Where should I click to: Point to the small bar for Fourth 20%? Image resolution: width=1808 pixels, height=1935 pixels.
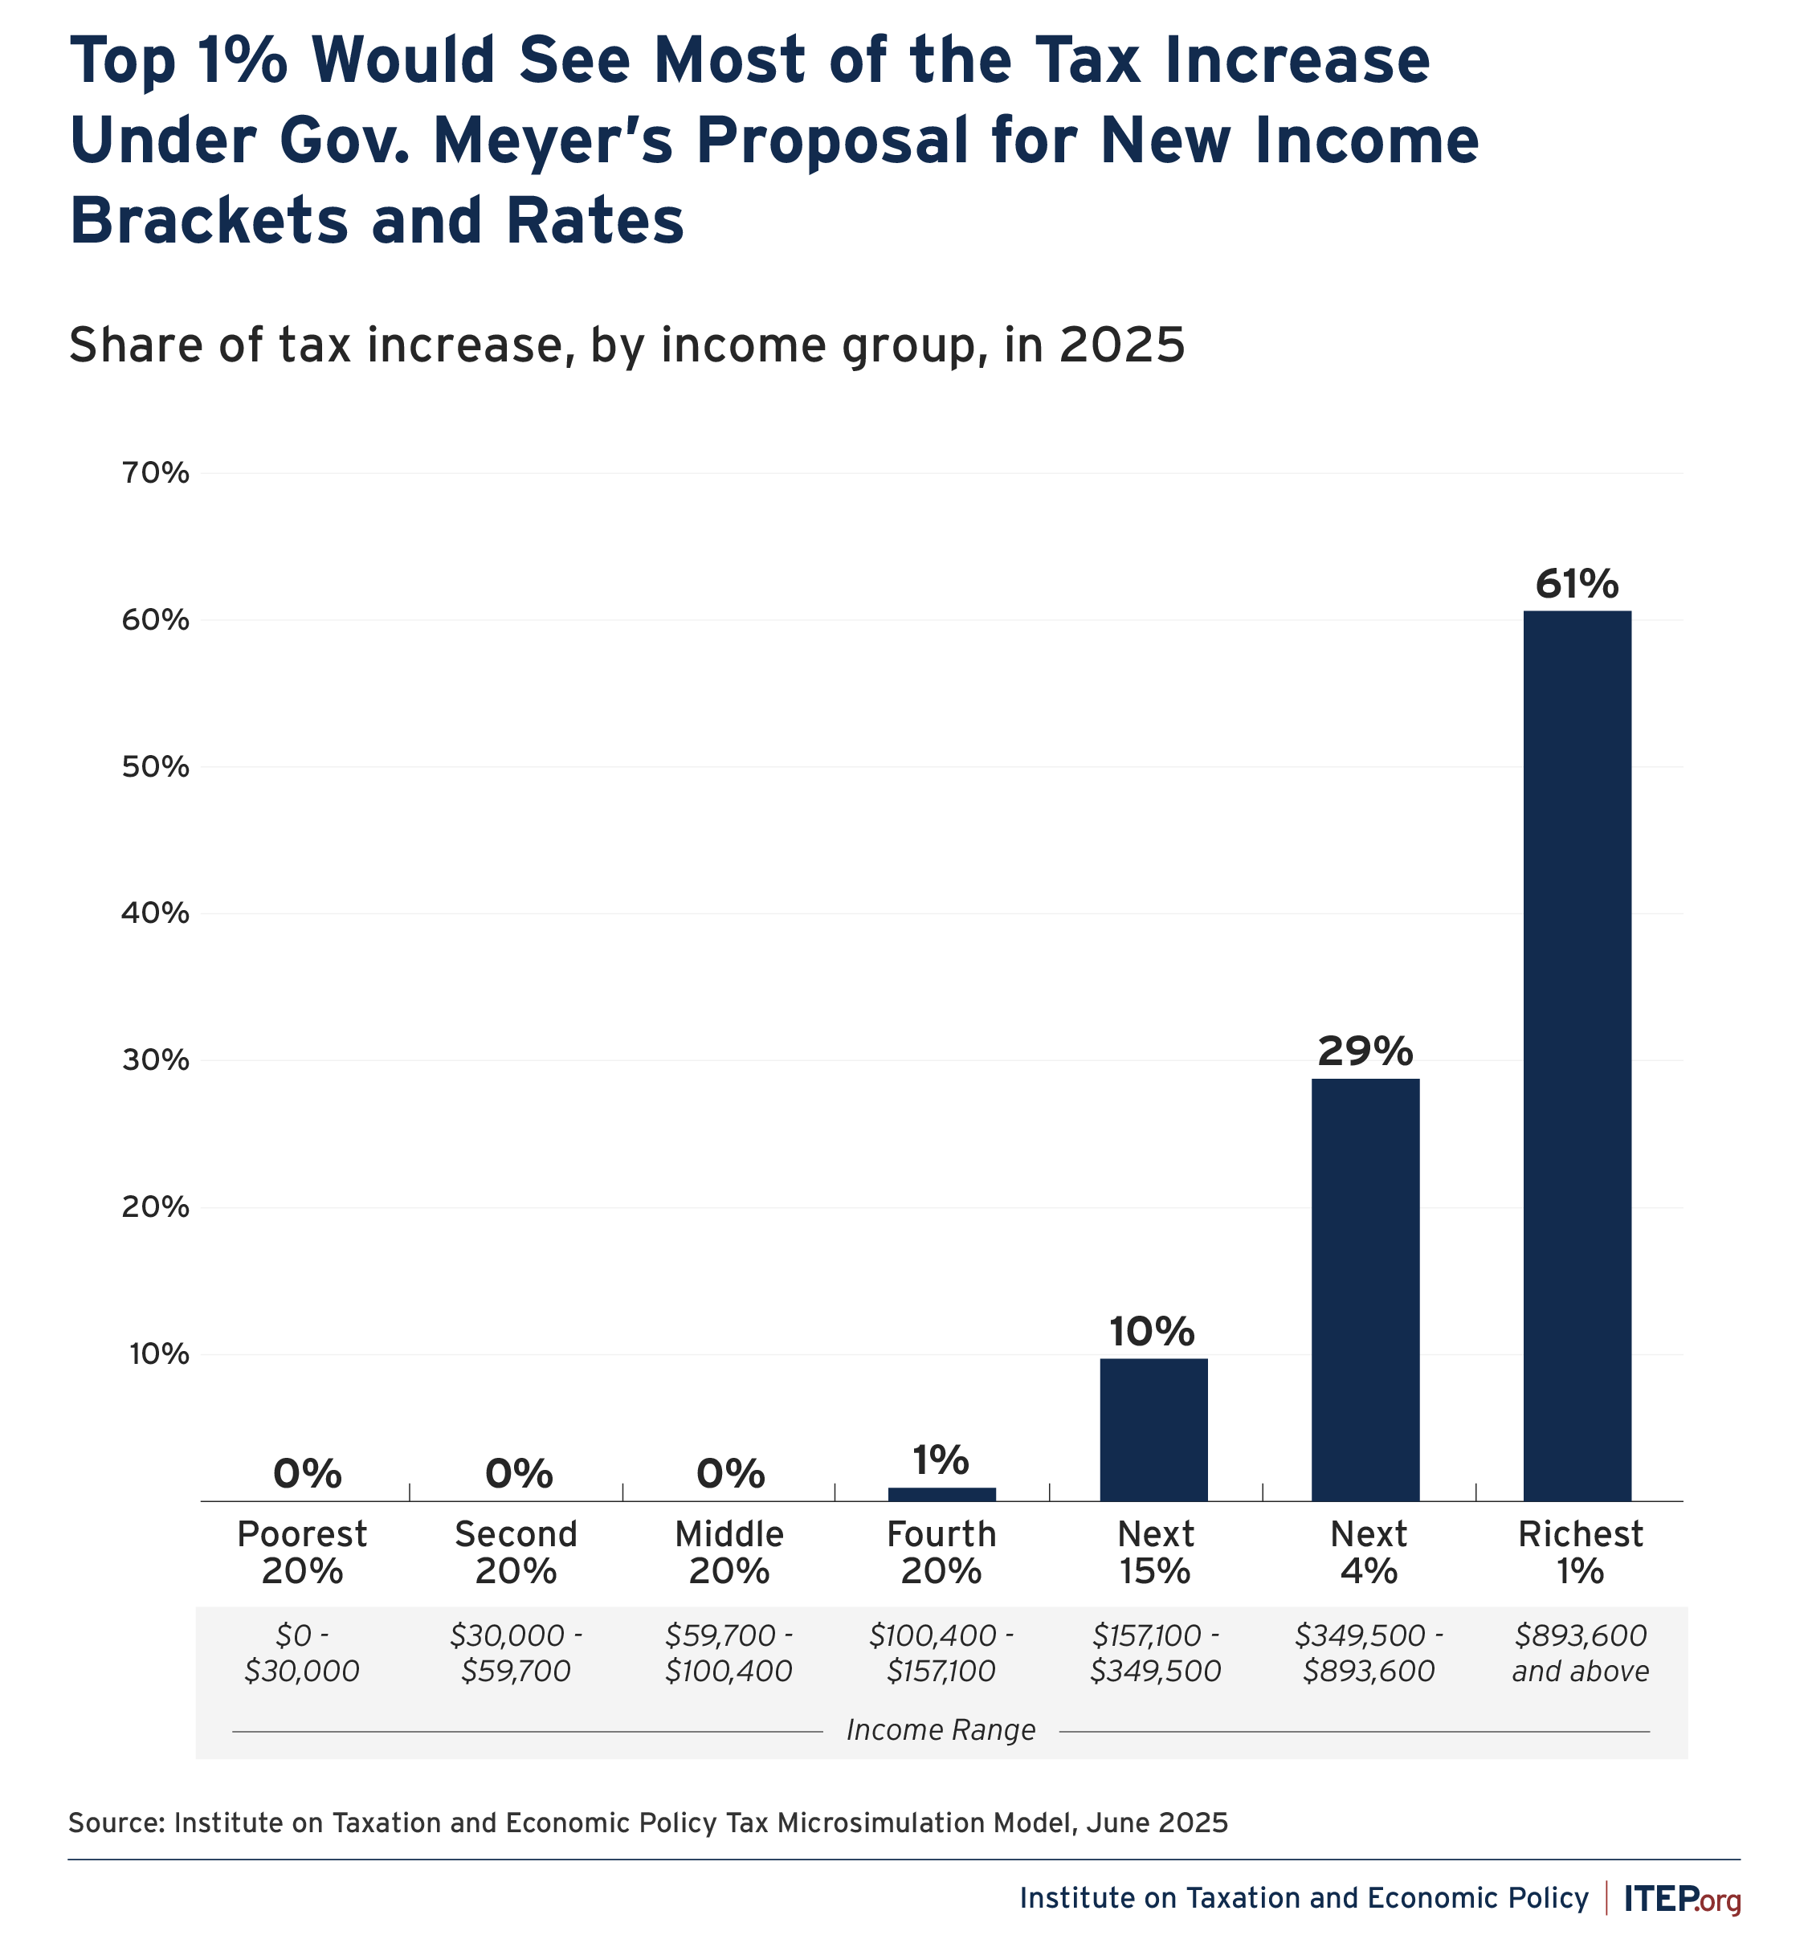(x=941, y=1494)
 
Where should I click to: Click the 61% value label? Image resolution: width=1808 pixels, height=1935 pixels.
(x=1577, y=584)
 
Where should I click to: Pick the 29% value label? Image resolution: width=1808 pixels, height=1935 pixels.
(x=1365, y=1051)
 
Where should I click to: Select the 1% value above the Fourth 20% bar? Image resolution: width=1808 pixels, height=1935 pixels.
(x=941, y=1460)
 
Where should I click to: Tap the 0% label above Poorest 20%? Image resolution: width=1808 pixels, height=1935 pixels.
(x=308, y=1474)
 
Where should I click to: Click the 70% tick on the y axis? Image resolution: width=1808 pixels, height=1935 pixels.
(x=155, y=473)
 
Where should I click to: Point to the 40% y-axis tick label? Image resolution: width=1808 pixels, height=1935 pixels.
(x=155, y=913)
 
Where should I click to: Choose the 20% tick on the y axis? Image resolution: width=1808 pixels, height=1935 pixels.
(x=155, y=1207)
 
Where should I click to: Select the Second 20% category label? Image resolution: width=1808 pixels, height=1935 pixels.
(x=516, y=1553)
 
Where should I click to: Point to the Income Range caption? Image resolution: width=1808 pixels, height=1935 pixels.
(x=941, y=1729)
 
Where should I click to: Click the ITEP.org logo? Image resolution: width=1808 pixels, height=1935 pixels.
(x=1682, y=1899)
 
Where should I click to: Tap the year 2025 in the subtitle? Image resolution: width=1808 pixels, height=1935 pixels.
(x=1122, y=345)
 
